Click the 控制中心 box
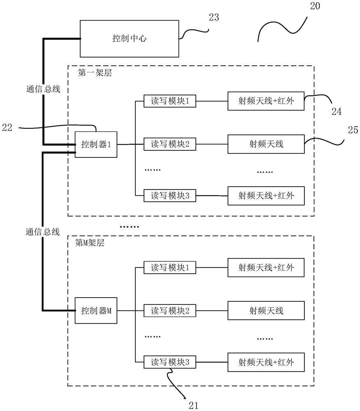130,39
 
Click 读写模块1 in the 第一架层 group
170,101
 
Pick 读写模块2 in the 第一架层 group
170,144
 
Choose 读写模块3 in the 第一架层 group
170,196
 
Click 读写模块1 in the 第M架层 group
170,268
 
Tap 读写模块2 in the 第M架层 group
170,311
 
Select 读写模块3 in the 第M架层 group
170,362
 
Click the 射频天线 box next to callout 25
266,144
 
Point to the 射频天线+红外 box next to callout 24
266,101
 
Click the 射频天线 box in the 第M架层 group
266,311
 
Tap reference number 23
214,17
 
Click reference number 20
321,6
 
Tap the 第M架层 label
90,243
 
